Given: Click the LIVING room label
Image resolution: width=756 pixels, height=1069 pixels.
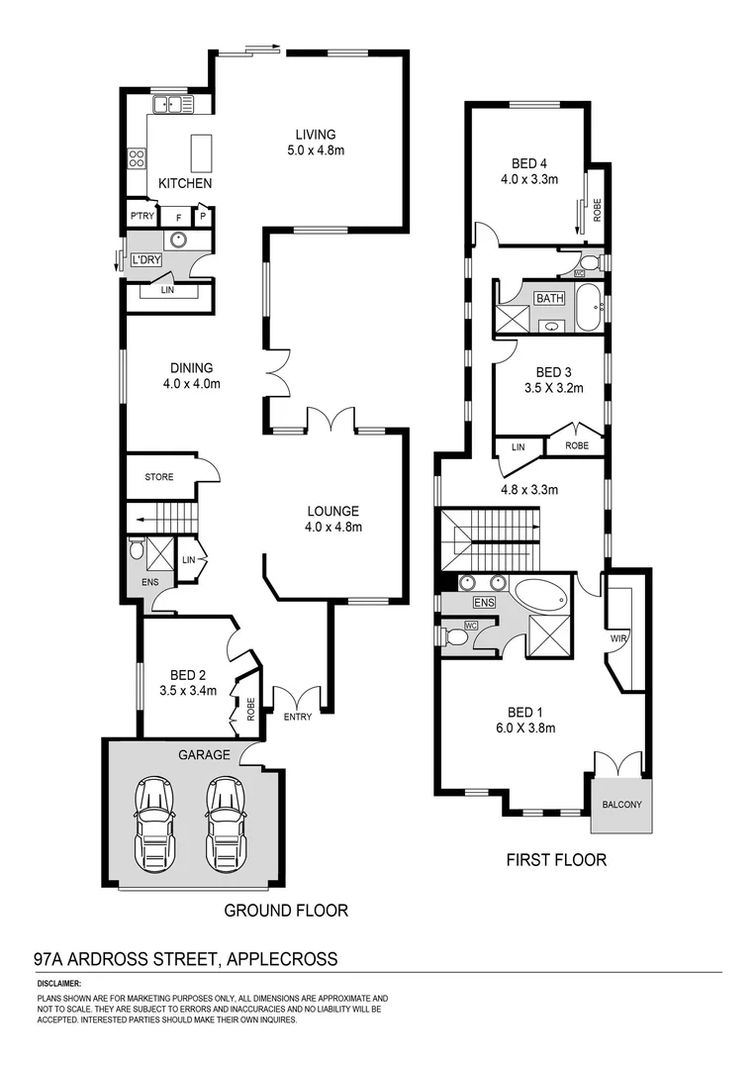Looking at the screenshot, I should point(315,135).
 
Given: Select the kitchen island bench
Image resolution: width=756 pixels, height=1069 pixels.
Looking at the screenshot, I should point(202,153).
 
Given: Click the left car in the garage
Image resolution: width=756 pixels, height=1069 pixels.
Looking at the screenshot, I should point(153,821).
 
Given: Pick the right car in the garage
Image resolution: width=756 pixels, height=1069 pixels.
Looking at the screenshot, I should point(226,821).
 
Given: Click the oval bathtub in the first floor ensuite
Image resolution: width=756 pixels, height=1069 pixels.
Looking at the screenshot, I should point(539,596).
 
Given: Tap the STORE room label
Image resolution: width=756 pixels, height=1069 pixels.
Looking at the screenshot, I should point(158,477).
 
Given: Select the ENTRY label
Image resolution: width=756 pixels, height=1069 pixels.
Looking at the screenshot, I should point(297,717).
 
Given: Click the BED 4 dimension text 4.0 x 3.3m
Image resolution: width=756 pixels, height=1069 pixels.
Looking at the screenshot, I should point(529,180).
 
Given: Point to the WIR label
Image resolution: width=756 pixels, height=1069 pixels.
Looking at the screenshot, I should point(620,637).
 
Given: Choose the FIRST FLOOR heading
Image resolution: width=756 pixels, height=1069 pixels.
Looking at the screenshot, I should point(556,860).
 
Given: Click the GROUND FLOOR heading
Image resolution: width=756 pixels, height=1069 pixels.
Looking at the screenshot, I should point(286,911).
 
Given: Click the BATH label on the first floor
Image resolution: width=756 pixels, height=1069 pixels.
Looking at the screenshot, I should point(549,298).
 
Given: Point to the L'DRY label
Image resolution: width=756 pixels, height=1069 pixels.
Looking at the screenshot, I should point(145,260).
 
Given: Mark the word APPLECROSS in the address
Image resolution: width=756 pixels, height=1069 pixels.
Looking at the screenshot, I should point(283,959).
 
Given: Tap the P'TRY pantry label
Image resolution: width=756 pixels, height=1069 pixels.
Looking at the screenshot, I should point(140,217).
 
